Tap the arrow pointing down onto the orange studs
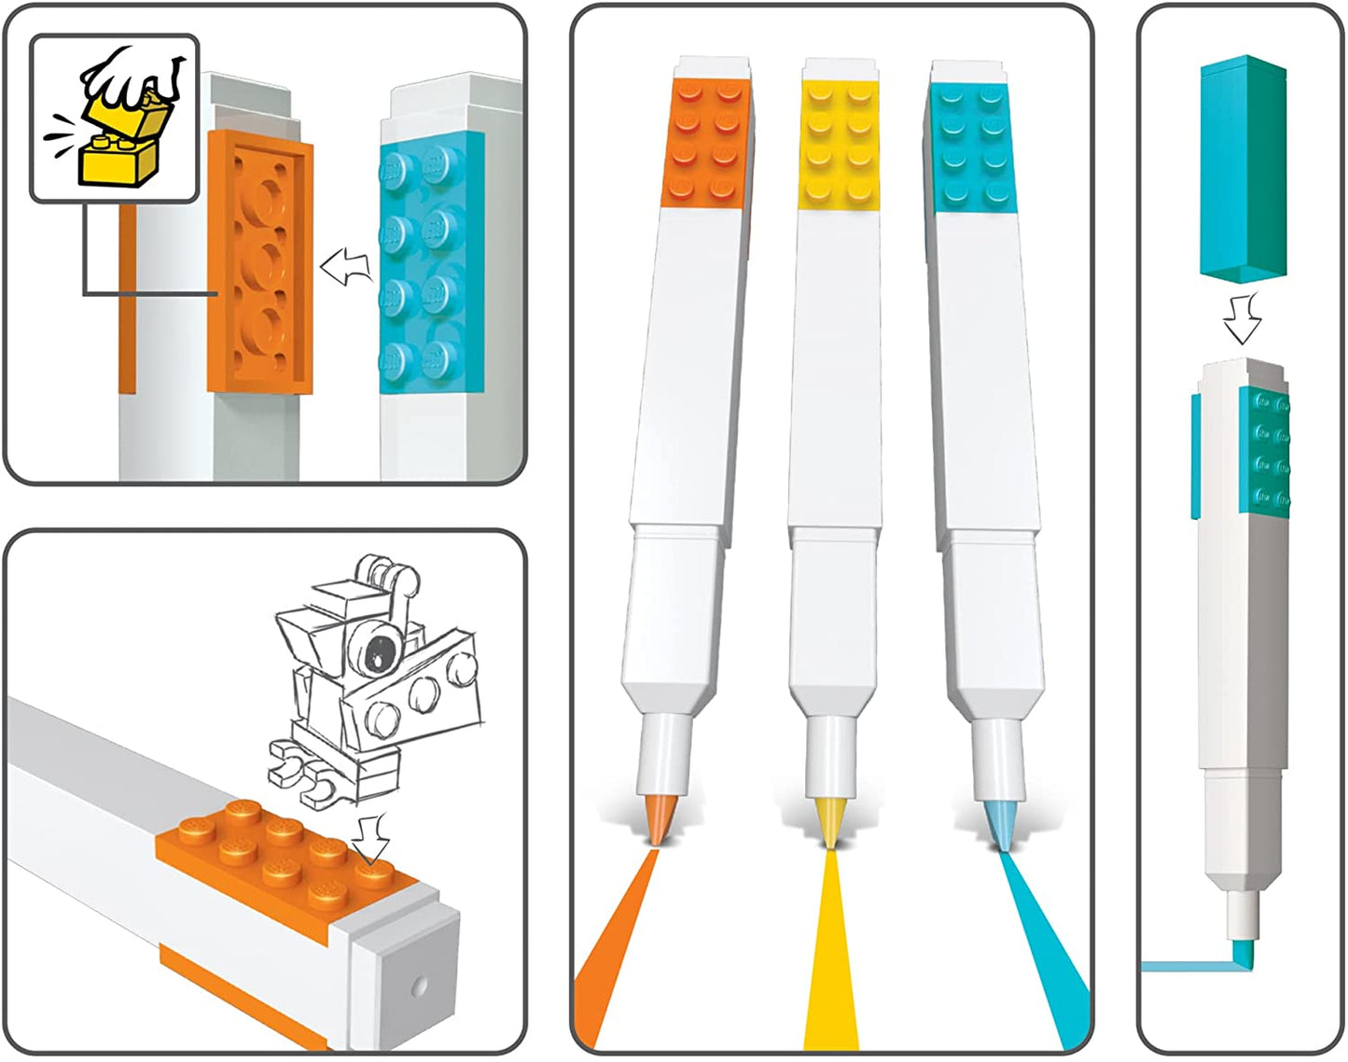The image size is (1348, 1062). coord(374,835)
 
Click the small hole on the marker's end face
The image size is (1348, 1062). coord(420,985)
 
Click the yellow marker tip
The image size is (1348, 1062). coord(828,821)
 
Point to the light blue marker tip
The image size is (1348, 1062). coord(999,826)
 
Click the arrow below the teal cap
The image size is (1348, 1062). coord(1243,318)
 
